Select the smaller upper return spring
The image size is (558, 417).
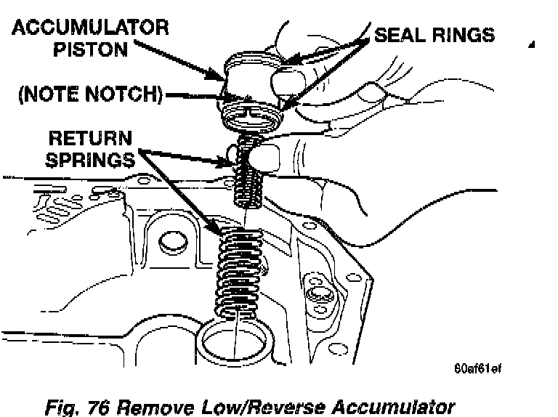pyautogui.click(x=247, y=182)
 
